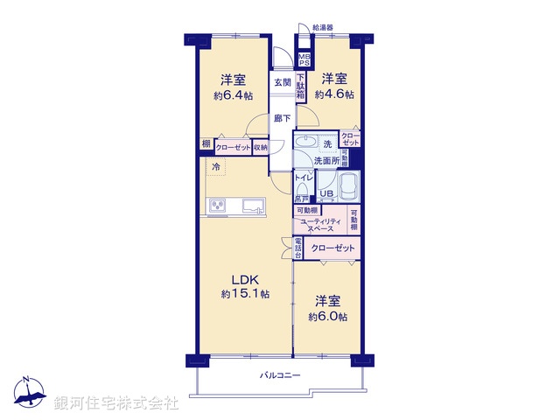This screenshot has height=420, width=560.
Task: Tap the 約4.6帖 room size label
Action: (334, 94)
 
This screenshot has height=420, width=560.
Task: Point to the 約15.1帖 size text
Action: (244, 294)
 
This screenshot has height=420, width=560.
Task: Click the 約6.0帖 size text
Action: (332, 316)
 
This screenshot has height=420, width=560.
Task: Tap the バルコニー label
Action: (280, 374)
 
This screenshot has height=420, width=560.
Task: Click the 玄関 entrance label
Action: (282, 82)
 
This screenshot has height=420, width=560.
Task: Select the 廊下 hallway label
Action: (282, 118)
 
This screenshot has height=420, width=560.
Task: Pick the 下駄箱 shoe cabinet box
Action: (300, 87)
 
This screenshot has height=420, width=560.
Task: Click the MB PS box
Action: (304, 59)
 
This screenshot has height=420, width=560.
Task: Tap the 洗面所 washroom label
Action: (325, 160)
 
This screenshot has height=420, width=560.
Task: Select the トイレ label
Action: (303, 178)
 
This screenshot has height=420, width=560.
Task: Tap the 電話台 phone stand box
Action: (297, 248)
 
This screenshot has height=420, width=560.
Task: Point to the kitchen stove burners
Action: (216, 206)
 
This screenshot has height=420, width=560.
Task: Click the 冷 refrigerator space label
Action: (215, 164)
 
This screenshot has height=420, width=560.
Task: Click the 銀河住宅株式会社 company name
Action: (116, 403)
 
